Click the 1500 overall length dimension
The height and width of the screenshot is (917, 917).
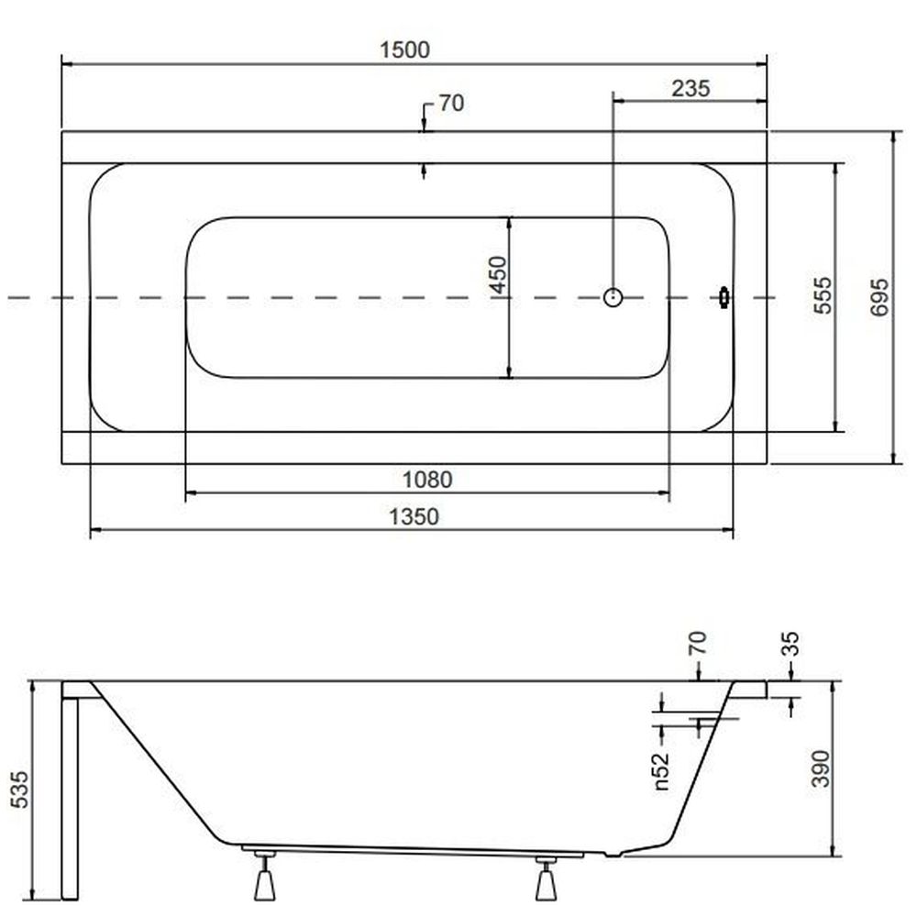point(404,50)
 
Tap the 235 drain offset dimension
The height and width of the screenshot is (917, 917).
point(691,88)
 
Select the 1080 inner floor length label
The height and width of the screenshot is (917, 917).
point(427,480)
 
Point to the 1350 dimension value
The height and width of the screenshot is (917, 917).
point(414,516)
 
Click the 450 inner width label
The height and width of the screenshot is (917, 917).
point(498,274)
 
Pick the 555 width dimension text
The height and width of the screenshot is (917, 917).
point(823,295)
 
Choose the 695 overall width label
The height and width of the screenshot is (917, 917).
point(879,298)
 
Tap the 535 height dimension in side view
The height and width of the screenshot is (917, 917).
point(18,790)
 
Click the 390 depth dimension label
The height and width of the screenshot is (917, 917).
point(821,768)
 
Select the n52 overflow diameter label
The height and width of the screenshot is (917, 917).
point(660,771)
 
